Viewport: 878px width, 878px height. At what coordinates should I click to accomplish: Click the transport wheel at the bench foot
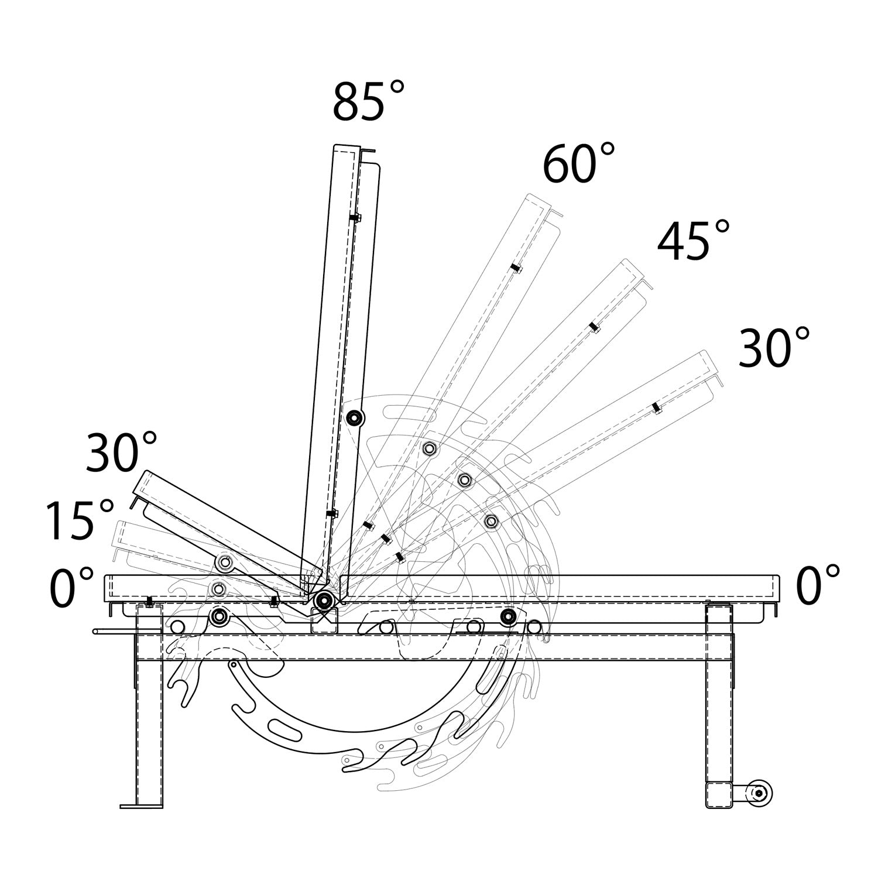[x=759, y=793]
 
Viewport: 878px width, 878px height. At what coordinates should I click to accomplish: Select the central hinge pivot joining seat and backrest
[x=323, y=600]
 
